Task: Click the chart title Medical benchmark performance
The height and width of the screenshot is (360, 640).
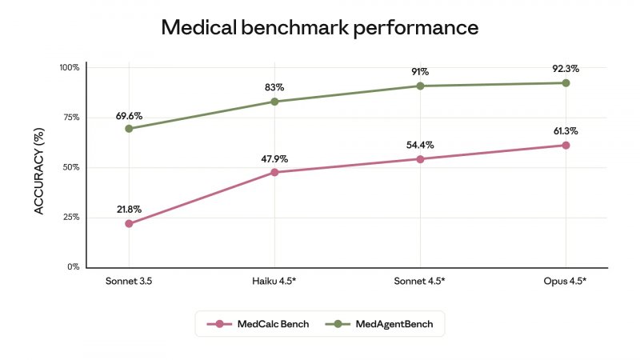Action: (320, 28)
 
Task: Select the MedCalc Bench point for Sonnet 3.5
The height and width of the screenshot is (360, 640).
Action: (129, 224)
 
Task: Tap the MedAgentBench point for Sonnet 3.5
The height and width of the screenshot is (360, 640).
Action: (129, 129)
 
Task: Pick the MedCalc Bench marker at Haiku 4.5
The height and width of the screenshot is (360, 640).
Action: (274, 172)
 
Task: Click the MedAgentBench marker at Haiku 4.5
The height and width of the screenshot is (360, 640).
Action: (274, 102)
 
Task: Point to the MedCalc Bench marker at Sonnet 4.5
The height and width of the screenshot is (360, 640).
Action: (420, 159)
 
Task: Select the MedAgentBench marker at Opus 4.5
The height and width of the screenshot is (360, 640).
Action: (566, 83)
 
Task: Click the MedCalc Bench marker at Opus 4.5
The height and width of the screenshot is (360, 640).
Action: (566, 146)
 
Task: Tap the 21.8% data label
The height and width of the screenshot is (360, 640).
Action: (129, 210)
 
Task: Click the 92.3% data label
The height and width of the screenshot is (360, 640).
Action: (566, 69)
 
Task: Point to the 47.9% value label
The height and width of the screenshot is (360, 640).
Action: (274, 158)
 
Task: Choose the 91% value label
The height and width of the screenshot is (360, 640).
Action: (420, 72)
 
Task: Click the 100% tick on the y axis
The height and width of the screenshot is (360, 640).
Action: (69, 68)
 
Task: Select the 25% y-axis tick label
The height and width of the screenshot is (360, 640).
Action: (70, 218)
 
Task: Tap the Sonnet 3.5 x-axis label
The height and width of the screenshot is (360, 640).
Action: (129, 282)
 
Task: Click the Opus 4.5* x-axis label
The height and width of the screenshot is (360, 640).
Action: (566, 282)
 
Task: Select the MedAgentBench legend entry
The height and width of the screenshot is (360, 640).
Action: (383, 324)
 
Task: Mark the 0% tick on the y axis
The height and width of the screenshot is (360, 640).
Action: (73, 267)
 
